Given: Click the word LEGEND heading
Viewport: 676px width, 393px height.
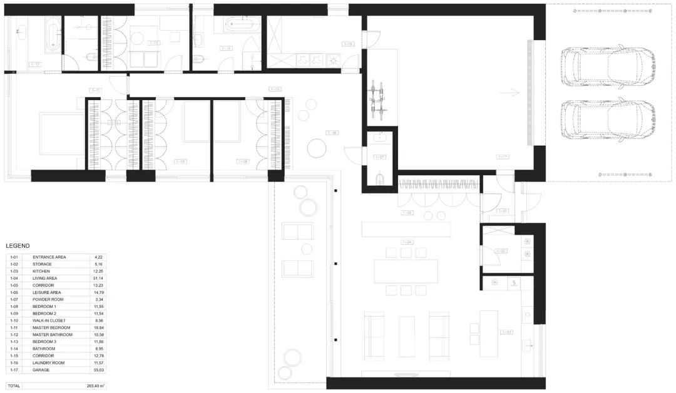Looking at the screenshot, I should tap(18, 246).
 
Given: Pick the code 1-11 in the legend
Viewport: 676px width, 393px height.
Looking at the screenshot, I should tap(14, 327).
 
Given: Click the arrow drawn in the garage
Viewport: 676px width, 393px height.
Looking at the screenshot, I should tap(513, 93).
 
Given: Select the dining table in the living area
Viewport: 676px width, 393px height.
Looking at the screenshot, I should tap(406, 271).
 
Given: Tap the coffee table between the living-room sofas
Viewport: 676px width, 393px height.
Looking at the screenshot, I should tap(407, 336).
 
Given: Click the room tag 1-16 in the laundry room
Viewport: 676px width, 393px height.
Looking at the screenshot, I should tap(348, 44).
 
